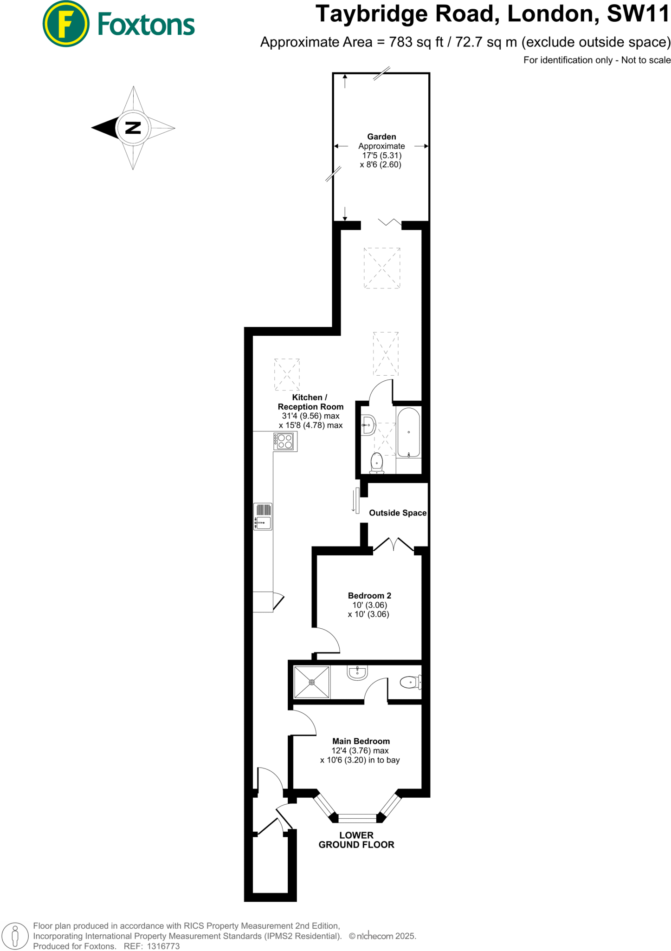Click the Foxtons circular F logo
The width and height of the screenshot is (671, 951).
[65, 24]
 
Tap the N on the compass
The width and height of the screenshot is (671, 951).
[133, 128]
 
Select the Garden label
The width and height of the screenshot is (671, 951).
[381, 137]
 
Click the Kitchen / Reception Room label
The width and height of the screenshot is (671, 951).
[310, 402]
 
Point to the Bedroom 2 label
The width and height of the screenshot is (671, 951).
[369, 595]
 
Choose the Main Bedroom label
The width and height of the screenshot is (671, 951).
[361, 741]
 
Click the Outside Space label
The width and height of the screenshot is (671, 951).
[397, 513]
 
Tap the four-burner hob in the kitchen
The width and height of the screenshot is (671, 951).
[285, 441]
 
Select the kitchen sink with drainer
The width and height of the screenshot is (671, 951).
[263, 516]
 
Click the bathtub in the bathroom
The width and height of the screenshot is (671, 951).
[409, 433]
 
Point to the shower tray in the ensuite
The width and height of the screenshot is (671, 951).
[312, 682]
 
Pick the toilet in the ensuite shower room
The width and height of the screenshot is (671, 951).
[410, 682]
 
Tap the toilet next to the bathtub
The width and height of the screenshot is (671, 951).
[377, 463]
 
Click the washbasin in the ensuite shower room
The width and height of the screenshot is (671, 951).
[357, 672]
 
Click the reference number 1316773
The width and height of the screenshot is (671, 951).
[163, 946]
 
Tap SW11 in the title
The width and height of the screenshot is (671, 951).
[638, 14]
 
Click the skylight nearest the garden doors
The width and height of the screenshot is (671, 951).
[382, 268]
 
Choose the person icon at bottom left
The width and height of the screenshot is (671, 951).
[15, 935]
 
